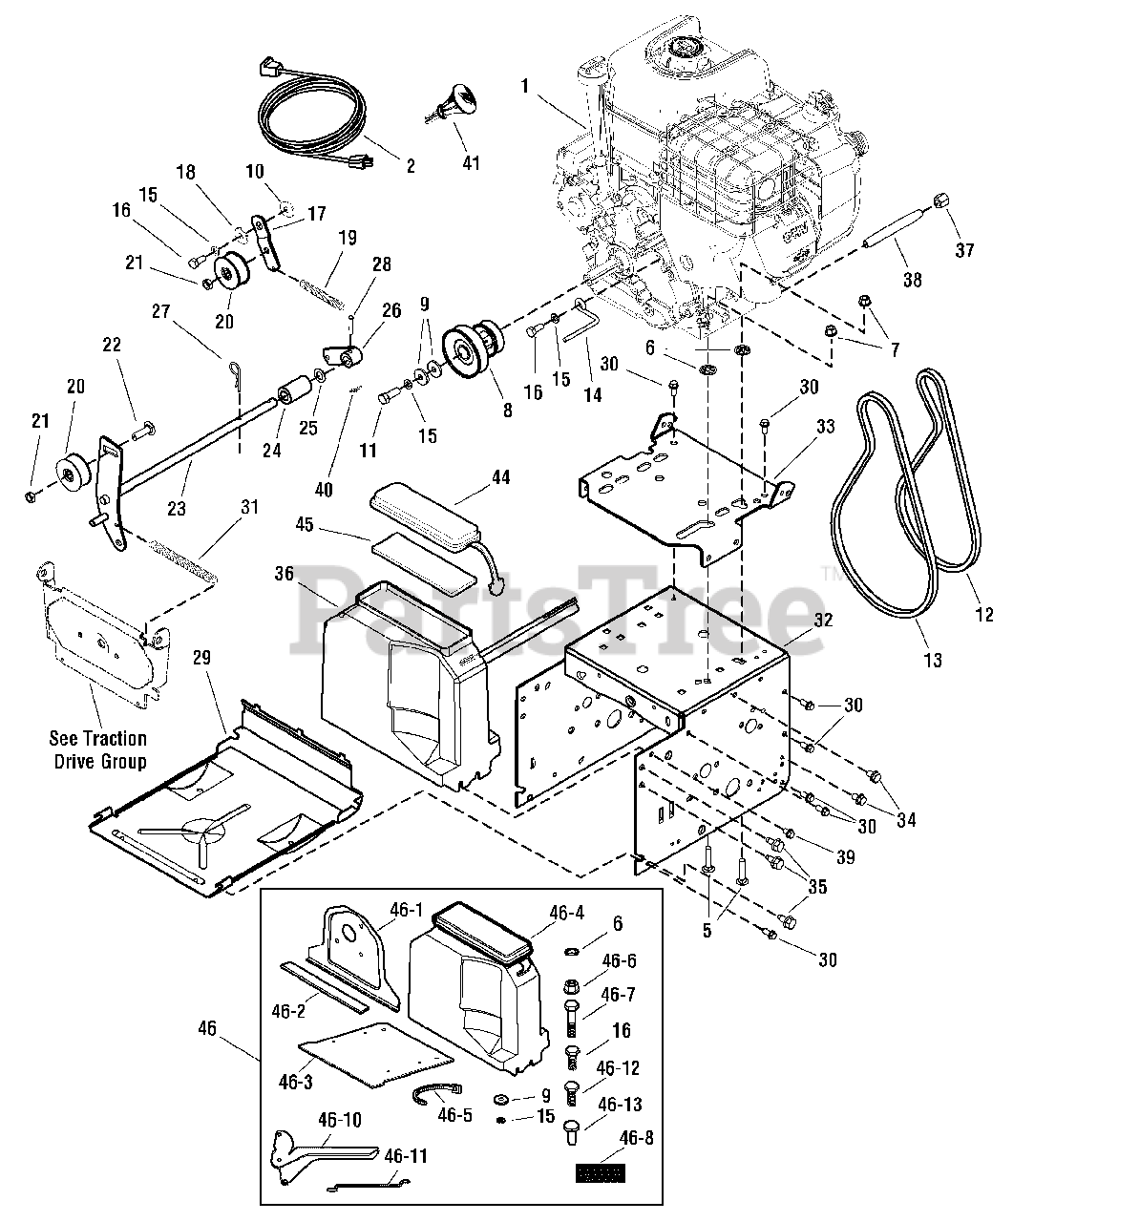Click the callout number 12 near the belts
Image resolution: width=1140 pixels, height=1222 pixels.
984,614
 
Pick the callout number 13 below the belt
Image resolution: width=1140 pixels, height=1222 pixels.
933,659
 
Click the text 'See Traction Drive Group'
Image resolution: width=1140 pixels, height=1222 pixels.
99,749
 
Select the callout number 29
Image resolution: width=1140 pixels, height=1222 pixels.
201,658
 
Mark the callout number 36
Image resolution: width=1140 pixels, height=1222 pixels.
285,573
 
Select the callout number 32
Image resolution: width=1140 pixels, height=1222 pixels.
823,620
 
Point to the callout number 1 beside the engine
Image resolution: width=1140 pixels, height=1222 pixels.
524,86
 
